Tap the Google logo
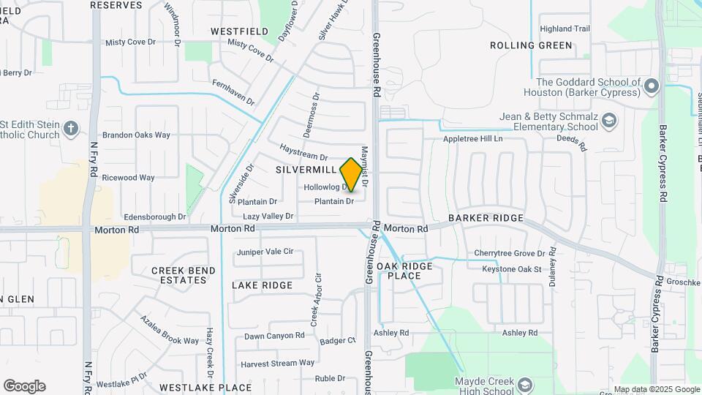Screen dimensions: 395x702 tap(24, 386)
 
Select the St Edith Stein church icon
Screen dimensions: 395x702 tap(71, 129)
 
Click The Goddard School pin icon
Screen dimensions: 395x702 tap(652, 87)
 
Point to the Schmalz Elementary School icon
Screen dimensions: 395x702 tap(609, 121)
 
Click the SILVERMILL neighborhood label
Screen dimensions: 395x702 tap(306, 169)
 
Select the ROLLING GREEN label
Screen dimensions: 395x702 tap(531, 45)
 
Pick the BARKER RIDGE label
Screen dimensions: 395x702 tap(486, 218)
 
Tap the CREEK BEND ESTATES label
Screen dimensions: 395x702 tap(184, 275)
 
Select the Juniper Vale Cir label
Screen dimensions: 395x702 tap(265, 252)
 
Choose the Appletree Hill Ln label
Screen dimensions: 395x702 tap(473, 139)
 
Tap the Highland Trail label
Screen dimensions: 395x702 tap(565, 29)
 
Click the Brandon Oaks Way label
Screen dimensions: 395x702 tap(136, 135)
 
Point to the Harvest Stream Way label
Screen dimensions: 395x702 tap(278, 363)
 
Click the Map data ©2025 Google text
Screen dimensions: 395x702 tap(656, 389)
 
